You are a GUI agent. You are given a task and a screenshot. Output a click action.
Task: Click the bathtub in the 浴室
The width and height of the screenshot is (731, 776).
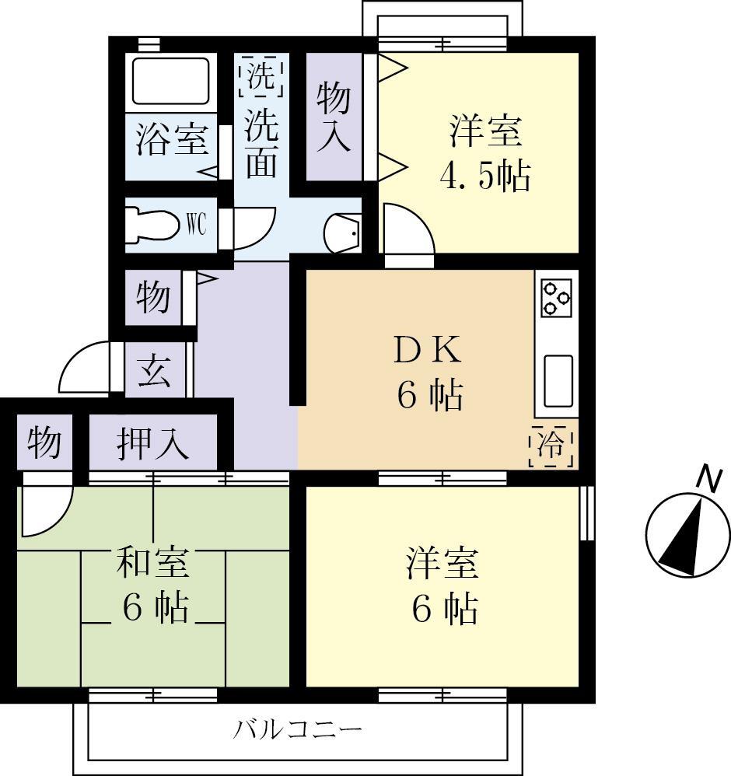point(171,80)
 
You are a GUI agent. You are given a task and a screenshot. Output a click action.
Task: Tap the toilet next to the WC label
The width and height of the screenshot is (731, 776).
point(152,225)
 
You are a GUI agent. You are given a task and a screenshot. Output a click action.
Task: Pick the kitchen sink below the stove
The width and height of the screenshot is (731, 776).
point(558,381)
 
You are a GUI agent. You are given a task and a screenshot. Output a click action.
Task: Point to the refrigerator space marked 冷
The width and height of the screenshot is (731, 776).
point(552,446)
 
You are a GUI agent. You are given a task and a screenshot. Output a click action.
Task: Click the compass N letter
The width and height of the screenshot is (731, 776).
point(707,479)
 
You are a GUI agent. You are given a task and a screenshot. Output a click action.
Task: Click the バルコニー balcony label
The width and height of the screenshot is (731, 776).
point(298,730)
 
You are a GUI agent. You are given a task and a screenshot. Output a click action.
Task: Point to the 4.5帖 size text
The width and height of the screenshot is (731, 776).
point(484,177)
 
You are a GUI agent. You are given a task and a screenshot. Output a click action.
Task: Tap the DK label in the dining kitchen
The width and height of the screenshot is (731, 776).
point(428,351)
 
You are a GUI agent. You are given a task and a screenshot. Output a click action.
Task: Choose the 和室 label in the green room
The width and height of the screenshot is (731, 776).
point(152,563)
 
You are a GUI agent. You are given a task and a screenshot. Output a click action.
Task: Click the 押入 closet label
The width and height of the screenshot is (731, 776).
point(152,444)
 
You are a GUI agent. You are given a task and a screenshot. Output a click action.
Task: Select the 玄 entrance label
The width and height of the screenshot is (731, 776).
point(156,371)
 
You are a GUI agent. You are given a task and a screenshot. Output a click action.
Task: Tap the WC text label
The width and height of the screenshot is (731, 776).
point(195,225)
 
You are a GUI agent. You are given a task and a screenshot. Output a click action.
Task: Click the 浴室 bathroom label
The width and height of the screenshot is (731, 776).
point(172,141)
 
